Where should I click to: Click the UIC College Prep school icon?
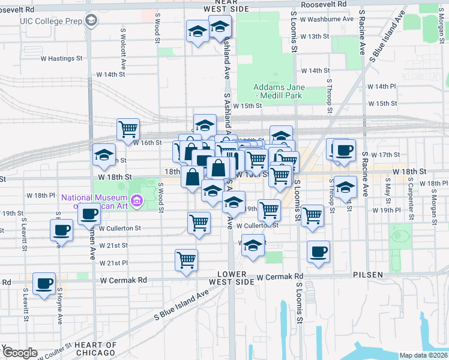tap(91, 21)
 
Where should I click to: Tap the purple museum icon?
tap(136, 200)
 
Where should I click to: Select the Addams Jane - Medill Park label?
tap(279, 92)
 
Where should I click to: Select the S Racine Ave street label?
tap(362, 32)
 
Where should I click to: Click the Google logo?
tap(19, 352)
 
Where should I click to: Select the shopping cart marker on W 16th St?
tap(128, 129)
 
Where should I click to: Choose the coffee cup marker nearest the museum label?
tap(89, 214)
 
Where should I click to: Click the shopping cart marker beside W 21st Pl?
tap(187, 260)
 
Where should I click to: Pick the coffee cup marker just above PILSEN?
tap(318, 251)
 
